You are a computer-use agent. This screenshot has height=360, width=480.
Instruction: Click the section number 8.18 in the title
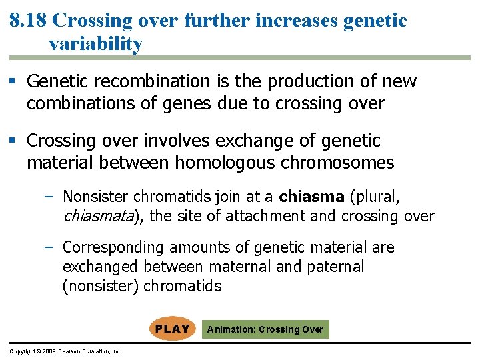click(x=28, y=21)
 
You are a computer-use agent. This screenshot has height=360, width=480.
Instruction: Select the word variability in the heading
click(x=95, y=45)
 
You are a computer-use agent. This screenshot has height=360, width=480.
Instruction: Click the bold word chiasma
click(x=311, y=197)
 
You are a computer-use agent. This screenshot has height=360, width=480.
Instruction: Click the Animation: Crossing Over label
click(x=265, y=329)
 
